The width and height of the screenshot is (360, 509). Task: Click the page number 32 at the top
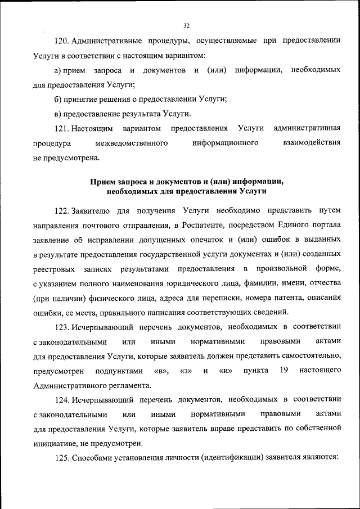(x=187, y=25)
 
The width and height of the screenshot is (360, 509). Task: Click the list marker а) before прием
(x=57, y=70)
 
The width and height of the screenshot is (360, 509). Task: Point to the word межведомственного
(x=132, y=143)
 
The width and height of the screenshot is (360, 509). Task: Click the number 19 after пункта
(x=283, y=371)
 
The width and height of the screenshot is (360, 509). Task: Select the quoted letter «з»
(x=185, y=371)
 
